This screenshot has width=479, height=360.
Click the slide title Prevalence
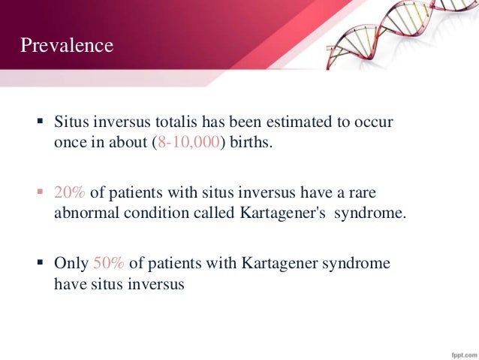[67, 47]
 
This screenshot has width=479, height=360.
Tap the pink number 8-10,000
[186, 143]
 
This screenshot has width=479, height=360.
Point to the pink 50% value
[109, 263]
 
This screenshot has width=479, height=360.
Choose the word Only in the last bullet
[71, 263]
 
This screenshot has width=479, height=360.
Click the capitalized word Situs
[71, 122]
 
